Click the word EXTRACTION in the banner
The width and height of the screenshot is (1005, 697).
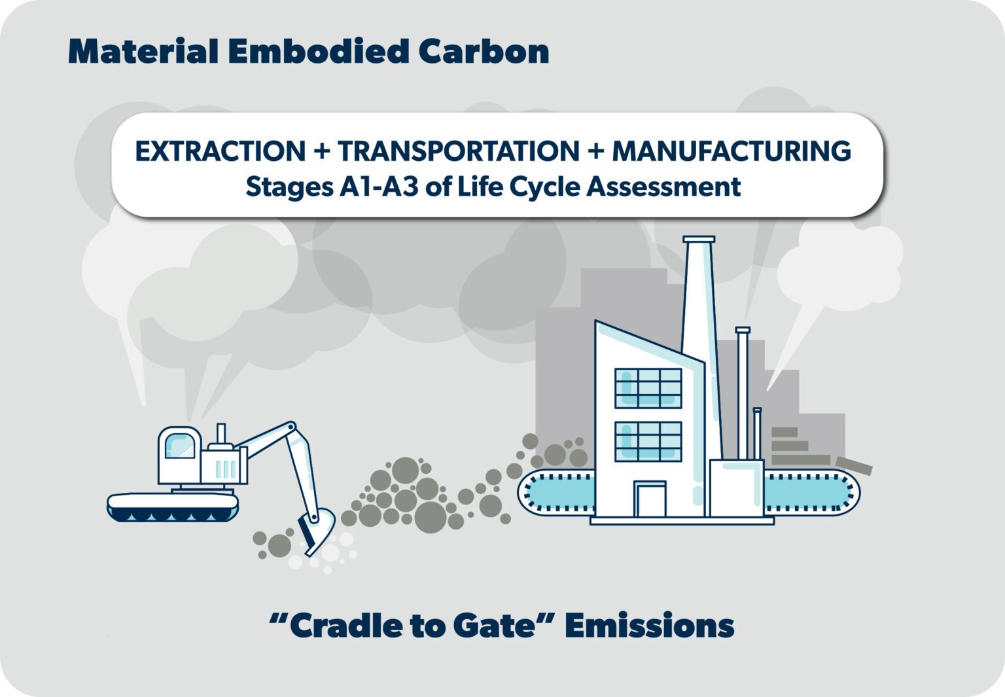[x=220, y=151]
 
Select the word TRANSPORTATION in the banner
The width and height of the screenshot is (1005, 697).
[x=459, y=151]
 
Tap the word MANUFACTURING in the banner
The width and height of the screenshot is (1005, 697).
[x=732, y=151]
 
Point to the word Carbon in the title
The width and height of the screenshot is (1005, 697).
[x=484, y=51]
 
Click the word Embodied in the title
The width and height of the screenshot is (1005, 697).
[x=319, y=51]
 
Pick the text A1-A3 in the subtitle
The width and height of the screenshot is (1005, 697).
[x=379, y=187]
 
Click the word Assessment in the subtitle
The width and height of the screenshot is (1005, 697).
[x=663, y=187]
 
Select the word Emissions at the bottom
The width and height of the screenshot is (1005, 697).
[x=649, y=625]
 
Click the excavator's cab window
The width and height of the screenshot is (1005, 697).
[x=180, y=446]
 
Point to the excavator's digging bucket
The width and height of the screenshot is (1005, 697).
[x=316, y=531]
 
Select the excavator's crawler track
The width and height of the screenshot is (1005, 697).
[x=173, y=507]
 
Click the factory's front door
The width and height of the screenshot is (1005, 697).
[x=650, y=499]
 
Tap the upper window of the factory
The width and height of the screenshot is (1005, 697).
[x=648, y=388]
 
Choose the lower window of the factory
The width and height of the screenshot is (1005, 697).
[x=648, y=441]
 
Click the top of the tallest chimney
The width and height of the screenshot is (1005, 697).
[x=699, y=240]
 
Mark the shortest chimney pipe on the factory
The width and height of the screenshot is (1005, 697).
[x=757, y=433]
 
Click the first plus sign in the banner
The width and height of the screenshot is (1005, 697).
[x=322, y=151]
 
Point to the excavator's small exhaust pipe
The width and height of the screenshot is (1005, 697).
[x=220, y=433]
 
